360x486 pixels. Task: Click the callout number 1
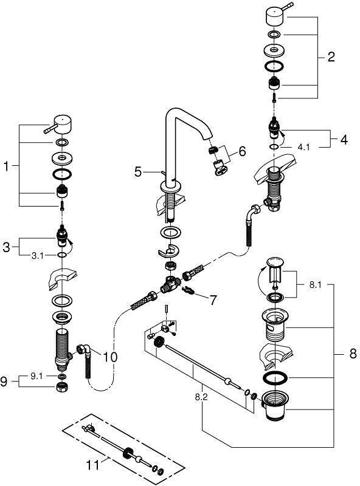click(x=6, y=166)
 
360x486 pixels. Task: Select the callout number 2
click(x=331, y=56)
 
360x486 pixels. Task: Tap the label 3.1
click(x=37, y=256)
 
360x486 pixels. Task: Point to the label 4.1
click(x=303, y=146)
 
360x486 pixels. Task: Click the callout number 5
click(x=138, y=171)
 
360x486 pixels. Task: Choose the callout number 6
click(x=242, y=151)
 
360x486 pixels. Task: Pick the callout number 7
click(x=213, y=299)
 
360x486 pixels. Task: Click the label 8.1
click(x=316, y=285)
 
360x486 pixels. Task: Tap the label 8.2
click(x=201, y=397)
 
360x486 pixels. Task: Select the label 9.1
click(x=36, y=376)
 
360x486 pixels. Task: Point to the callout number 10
click(x=110, y=357)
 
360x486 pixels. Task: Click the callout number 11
click(x=93, y=465)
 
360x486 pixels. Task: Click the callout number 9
click(x=4, y=382)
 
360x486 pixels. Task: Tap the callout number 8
click(x=353, y=354)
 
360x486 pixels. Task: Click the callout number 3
click(x=6, y=247)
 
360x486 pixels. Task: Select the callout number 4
click(x=344, y=140)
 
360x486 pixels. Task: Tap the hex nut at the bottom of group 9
click(x=63, y=387)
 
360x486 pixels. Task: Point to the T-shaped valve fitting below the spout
click(x=170, y=284)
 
